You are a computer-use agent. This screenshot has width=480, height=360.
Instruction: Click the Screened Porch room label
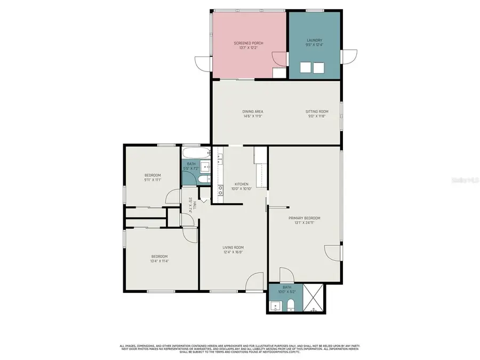(248, 43)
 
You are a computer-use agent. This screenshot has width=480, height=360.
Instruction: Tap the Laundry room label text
(314, 40)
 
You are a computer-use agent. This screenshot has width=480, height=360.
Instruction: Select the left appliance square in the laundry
(305, 67)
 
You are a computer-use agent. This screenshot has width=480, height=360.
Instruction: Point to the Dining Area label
(253, 111)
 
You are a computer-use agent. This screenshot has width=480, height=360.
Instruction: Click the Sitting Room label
(316, 111)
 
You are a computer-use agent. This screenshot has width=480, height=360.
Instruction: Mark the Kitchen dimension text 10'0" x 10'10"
(241, 188)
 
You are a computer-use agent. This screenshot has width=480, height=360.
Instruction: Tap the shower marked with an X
(314, 298)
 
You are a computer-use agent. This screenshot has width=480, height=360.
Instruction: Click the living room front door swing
(255, 282)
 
